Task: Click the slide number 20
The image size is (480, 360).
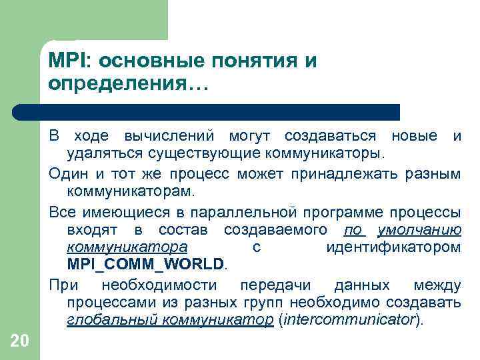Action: [x=20, y=342]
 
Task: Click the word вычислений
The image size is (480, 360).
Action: [x=169, y=137]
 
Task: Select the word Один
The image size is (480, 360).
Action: [x=65, y=175]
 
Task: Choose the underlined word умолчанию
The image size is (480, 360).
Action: [x=419, y=230]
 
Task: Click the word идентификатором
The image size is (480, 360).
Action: [x=393, y=247]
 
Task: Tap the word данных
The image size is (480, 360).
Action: [x=362, y=285]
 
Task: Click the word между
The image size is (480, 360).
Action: [x=437, y=285]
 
